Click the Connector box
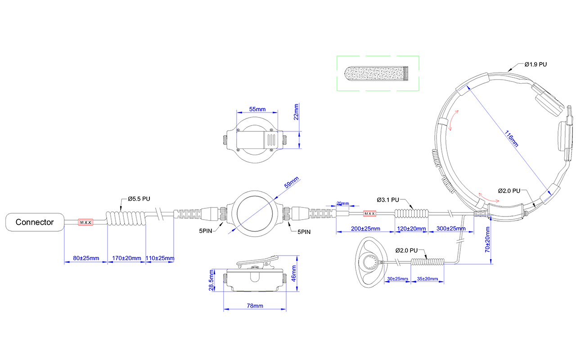35,222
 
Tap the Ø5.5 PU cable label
139,199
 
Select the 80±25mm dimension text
86,258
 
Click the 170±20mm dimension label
126,258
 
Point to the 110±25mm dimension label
160,258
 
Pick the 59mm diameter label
291,182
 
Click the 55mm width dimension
257,109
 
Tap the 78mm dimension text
255,306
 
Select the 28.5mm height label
211,280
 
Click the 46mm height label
293,274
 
